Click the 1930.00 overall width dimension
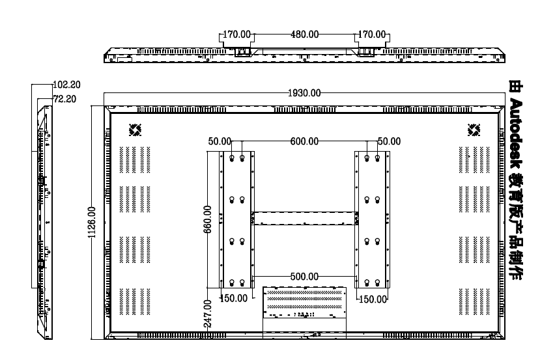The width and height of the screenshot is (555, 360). [x=304, y=93]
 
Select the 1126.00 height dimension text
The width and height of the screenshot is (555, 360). [x=92, y=223]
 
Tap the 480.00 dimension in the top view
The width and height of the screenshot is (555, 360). [x=304, y=35]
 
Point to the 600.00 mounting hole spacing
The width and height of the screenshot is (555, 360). [x=304, y=141]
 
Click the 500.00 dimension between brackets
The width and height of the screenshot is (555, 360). [x=304, y=277]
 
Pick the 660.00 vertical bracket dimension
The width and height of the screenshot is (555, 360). [x=208, y=219]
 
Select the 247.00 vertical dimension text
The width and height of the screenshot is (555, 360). [x=208, y=314]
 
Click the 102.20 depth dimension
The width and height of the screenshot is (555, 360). [x=67, y=85]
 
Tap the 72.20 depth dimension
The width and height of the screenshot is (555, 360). [x=64, y=99]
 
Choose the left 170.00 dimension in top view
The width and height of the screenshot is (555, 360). [x=236, y=35]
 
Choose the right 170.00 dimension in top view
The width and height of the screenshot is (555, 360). [x=372, y=35]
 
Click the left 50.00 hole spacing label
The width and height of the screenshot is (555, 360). [x=220, y=141]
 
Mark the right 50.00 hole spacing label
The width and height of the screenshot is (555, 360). [x=390, y=141]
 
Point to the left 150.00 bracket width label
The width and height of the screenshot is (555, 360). [x=234, y=298]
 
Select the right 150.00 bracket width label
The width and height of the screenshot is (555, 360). [x=373, y=299]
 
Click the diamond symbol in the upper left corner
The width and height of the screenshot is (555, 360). [x=135, y=130]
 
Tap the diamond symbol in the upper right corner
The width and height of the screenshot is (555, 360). [x=474, y=130]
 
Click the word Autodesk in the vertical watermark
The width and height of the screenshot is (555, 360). [x=516, y=133]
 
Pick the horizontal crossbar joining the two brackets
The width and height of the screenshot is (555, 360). [x=304, y=218]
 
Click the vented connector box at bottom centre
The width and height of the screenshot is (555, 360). [x=304, y=302]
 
